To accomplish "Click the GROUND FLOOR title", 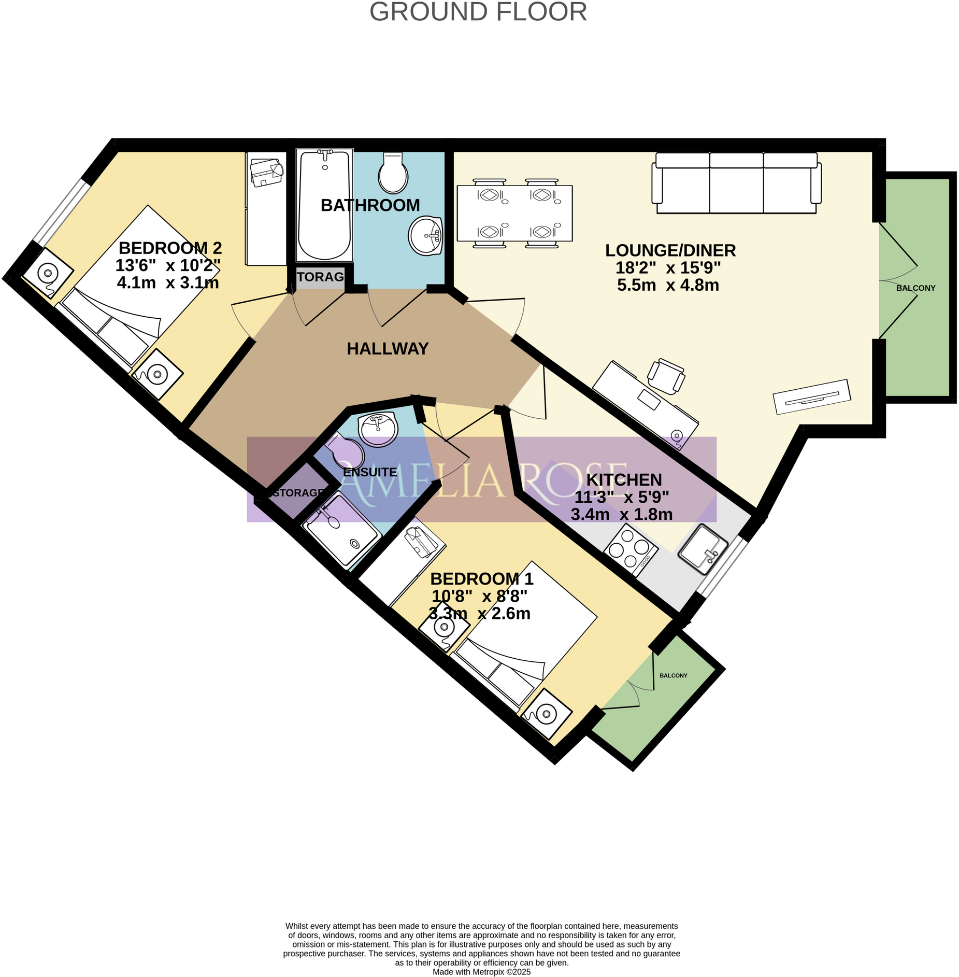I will tap(478, 12).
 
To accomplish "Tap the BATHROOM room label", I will tap(370, 205).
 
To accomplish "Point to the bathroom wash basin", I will tap(425, 236).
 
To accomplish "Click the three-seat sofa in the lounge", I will tap(736, 183).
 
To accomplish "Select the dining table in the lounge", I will tap(514, 213).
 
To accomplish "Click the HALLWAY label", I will tap(387, 349).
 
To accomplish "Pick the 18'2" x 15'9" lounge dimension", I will tap(667, 268).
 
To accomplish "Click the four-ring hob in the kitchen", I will tap(630, 549).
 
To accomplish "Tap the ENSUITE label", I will tap(370, 472).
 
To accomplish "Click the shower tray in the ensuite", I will tap(342, 530).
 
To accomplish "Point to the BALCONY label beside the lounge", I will tap(915, 288).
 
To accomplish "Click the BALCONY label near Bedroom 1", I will tap(673, 675).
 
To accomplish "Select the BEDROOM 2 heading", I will tap(170, 248).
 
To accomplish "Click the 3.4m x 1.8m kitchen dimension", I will tap(621, 515).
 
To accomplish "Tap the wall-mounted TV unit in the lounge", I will tap(811, 397).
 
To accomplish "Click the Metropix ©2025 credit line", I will tap(481, 972).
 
